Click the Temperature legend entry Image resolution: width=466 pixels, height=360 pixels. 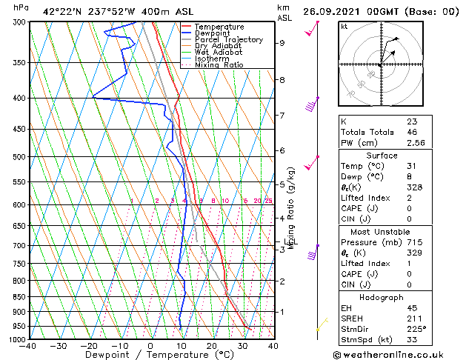click(219, 27)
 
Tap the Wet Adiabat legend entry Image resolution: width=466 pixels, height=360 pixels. click(219, 53)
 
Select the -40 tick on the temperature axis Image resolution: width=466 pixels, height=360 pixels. click(29, 346)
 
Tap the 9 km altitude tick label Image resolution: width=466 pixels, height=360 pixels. click(282, 43)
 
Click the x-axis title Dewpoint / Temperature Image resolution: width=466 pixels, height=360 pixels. click(150, 356)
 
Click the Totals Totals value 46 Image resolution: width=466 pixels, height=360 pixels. click(411, 132)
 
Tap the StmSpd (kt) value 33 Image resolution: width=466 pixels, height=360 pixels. click(411, 341)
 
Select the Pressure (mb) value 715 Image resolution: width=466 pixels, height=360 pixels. click(413, 242)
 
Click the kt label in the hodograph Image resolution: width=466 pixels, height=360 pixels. click(344, 27)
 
